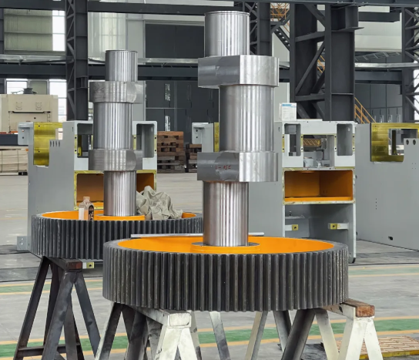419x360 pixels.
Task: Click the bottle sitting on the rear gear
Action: [x=86, y=208]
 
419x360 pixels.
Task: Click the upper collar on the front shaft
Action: [x=237, y=71]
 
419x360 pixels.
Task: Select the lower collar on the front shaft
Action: [x=237, y=166]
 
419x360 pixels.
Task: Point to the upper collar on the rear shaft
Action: [x=116, y=92]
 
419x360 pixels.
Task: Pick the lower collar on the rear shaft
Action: [x=116, y=160]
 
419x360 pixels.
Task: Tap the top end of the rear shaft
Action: [x=120, y=65]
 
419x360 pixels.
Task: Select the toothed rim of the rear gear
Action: [x=69, y=235]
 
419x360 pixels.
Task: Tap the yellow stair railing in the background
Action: [x=361, y=113]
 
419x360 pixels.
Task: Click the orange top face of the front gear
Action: [x=293, y=247]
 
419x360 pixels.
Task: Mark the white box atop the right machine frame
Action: [x=287, y=111]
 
